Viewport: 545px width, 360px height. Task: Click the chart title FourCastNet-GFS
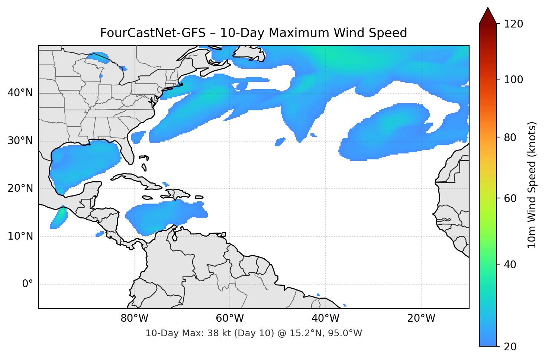(x=254, y=33)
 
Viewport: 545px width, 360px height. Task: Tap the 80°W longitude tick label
(x=134, y=318)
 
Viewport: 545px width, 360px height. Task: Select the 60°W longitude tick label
(x=230, y=318)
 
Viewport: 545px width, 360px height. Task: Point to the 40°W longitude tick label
(x=325, y=318)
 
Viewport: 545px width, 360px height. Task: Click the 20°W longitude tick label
(x=421, y=318)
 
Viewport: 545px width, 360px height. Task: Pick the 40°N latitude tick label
(x=20, y=93)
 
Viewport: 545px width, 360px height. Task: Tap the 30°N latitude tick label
(x=20, y=141)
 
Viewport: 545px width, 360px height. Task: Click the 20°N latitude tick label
(x=20, y=188)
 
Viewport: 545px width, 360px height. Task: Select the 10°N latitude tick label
(x=20, y=236)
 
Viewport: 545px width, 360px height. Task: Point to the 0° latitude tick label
(x=28, y=284)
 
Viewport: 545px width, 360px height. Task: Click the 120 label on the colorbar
(x=513, y=24)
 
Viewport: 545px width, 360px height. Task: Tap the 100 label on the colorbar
(x=513, y=80)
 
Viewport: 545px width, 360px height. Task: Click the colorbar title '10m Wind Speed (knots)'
(x=532, y=185)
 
